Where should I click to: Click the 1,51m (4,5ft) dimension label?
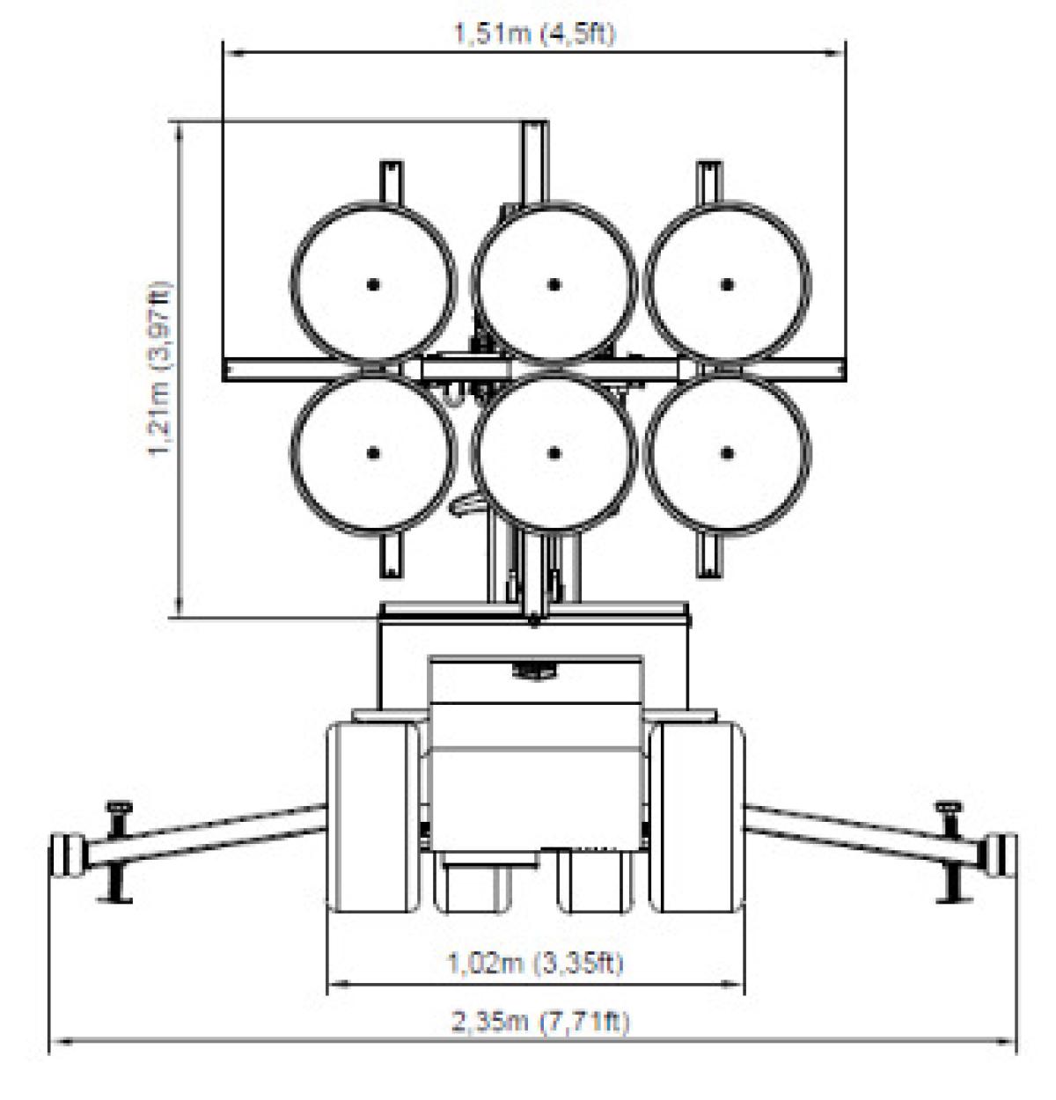pos(535,33)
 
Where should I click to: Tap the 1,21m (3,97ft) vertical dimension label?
pos(159,368)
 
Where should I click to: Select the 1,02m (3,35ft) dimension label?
pos(535,962)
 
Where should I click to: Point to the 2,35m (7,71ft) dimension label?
pos(539,1022)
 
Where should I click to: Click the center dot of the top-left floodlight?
pos(372,284)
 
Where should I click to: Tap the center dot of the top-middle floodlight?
pos(554,284)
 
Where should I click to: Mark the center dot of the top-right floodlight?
pos(727,284)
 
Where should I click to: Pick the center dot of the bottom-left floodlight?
pos(372,453)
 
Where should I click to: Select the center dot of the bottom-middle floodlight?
pos(554,453)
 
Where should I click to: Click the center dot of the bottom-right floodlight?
pos(727,453)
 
